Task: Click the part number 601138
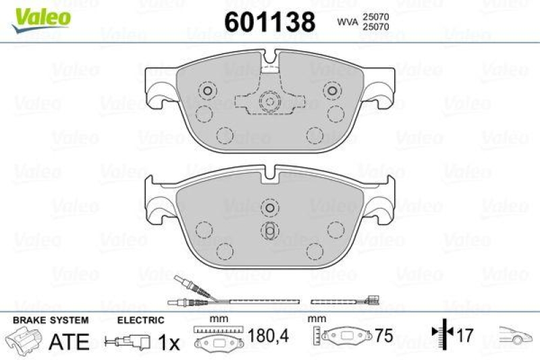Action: coord(270,22)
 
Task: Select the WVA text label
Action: coord(347,22)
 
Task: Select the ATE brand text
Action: coord(70,342)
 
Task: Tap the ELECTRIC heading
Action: coord(140,320)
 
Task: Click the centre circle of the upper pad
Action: coord(270,103)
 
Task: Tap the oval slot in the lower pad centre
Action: coord(270,230)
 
